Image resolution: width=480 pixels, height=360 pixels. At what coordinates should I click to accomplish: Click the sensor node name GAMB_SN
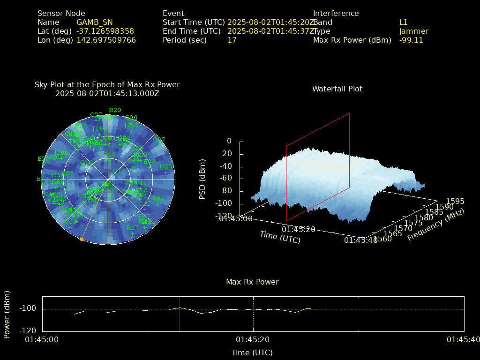click(x=94, y=22)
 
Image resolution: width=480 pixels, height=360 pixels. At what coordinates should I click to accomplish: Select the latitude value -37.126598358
click(x=105, y=31)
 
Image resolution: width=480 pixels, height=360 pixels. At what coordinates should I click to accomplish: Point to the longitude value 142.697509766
click(x=106, y=40)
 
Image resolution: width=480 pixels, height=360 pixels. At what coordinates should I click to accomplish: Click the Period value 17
click(x=232, y=40)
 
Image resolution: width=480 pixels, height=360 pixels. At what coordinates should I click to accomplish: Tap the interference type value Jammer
click(x=414, y=31)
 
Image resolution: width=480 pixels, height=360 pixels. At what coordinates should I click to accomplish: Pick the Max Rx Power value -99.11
click(x=411, y=40)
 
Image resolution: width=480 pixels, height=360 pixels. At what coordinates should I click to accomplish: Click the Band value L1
click(x=404, y=22)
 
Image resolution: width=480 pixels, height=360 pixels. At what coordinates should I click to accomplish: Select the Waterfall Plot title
click(x=337, y=89)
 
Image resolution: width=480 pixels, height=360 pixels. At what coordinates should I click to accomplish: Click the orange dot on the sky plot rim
click(x=82, y=240)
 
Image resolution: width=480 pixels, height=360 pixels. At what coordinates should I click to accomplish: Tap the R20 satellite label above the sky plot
click(x=115, y=110)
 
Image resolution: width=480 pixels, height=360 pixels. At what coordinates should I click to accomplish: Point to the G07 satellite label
click(x=159, y=140)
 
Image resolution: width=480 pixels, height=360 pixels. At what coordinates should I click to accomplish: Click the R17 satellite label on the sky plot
click(x=133, y=228)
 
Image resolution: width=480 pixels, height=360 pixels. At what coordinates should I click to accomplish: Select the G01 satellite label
click(x=158, y=198)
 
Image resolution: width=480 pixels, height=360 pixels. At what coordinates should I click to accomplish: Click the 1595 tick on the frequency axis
click(x=456, y=201)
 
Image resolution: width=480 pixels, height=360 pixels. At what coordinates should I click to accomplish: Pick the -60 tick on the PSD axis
click(x=226, y=179)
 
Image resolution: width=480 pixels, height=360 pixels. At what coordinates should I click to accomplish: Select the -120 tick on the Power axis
click(x=28, y=330)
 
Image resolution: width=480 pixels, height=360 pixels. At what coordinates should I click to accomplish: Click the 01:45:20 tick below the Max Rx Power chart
click(x=253, y=339)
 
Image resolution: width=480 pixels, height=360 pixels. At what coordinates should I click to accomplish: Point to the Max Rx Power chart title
click(x=252, y=282)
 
